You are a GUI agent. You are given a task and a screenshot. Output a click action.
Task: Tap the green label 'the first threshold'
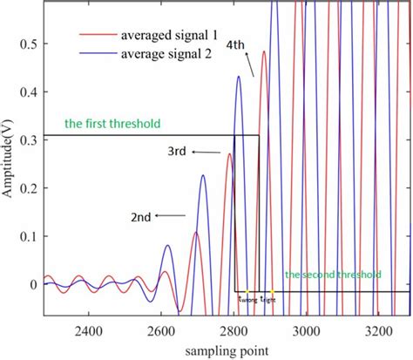[x=93, y=122]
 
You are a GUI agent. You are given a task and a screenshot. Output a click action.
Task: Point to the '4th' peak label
[x=234, y=44]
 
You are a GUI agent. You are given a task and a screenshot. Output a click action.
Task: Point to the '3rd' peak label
[x=179, y=152]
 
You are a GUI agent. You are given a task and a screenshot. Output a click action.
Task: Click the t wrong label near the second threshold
[x=247, y=299]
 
